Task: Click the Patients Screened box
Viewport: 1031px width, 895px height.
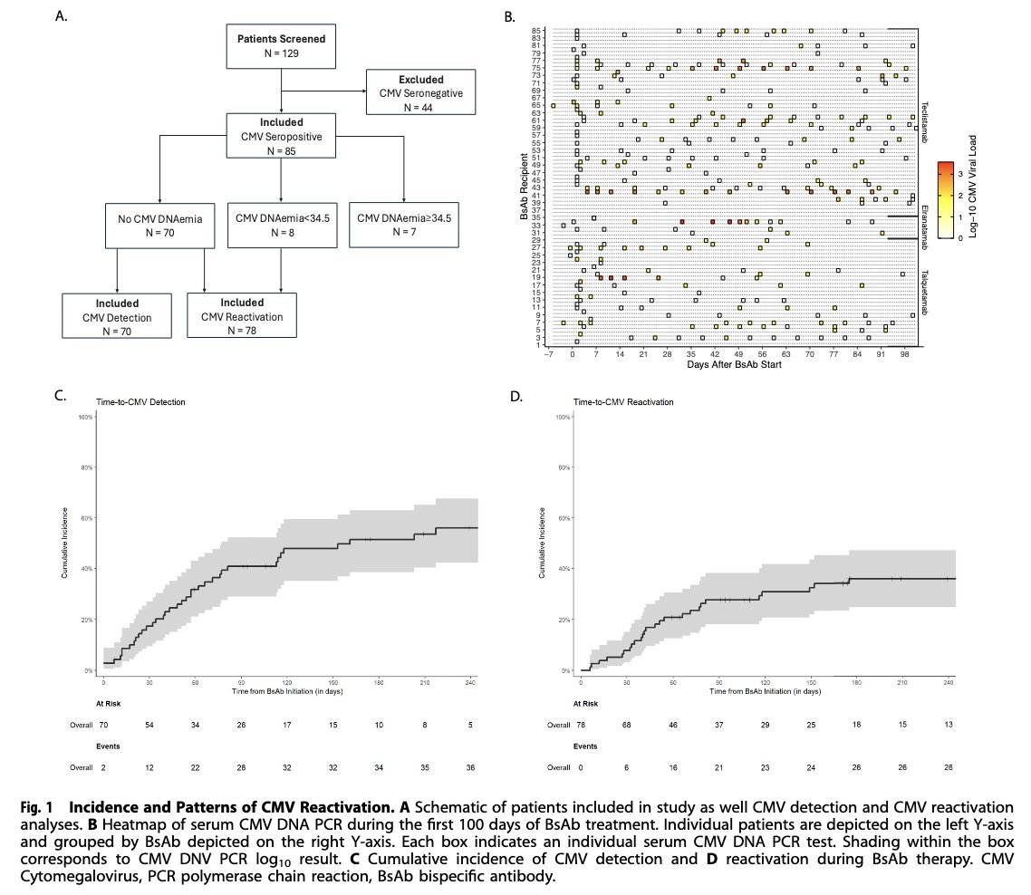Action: (x=281, y=45)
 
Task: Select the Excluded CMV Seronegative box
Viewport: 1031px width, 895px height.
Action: (x=419, y=91)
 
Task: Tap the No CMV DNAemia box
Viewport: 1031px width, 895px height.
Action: (x=159, y=224)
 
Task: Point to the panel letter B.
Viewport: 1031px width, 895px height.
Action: (x=509, y=17)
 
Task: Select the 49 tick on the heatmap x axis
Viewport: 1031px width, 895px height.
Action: (x=739, y=356)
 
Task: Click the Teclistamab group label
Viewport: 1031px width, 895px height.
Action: (x=926, y=117)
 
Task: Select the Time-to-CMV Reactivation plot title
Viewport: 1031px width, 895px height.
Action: (x=623, y=401)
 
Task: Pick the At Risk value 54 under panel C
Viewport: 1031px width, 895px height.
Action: (x=149, y=726)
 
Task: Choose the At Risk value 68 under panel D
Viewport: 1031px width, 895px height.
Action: (x=627, y=726)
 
